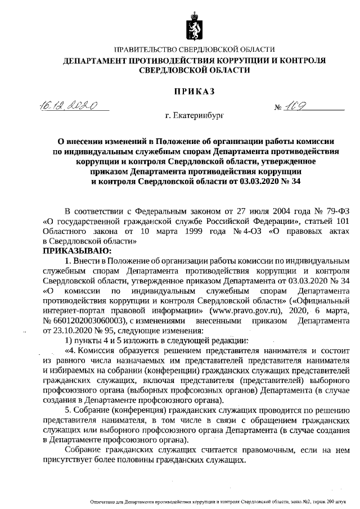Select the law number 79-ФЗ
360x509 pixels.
tap(328, 211)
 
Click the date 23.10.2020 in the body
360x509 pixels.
tap(75, 331)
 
